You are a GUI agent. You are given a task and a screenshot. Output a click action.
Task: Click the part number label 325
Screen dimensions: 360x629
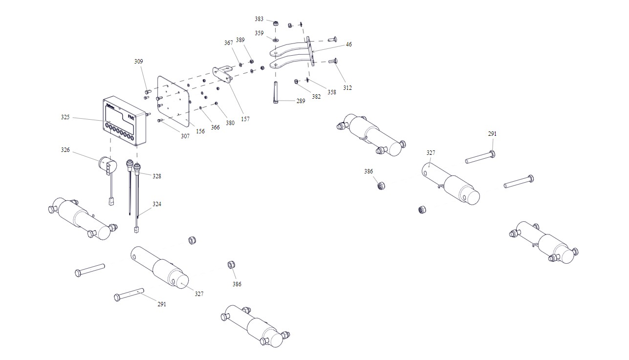point(65,117)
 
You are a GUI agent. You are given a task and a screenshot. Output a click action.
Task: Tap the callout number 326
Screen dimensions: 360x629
point(65,150)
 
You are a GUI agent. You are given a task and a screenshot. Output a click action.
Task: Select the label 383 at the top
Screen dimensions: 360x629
point(259,19)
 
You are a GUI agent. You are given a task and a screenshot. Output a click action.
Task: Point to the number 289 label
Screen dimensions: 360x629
point(301,101)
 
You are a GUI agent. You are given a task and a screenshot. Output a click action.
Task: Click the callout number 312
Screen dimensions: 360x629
point(347,88)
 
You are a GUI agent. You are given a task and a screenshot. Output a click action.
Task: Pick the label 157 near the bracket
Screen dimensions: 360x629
point(245,119)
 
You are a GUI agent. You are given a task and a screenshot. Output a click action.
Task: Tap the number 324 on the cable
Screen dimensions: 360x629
point(156,204)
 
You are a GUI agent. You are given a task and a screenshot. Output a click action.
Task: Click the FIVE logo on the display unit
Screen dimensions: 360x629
point(131,117)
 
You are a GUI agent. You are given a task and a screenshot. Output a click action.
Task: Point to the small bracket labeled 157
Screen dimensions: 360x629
point(223,74)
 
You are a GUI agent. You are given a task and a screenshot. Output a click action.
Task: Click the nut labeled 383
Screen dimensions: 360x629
point(276,23)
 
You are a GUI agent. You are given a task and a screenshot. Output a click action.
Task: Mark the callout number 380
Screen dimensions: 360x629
point(230,123)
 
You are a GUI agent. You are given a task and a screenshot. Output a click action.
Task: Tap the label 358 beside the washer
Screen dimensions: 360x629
point(332,92)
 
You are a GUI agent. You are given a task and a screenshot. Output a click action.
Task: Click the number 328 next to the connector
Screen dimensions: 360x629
point(156,176)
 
